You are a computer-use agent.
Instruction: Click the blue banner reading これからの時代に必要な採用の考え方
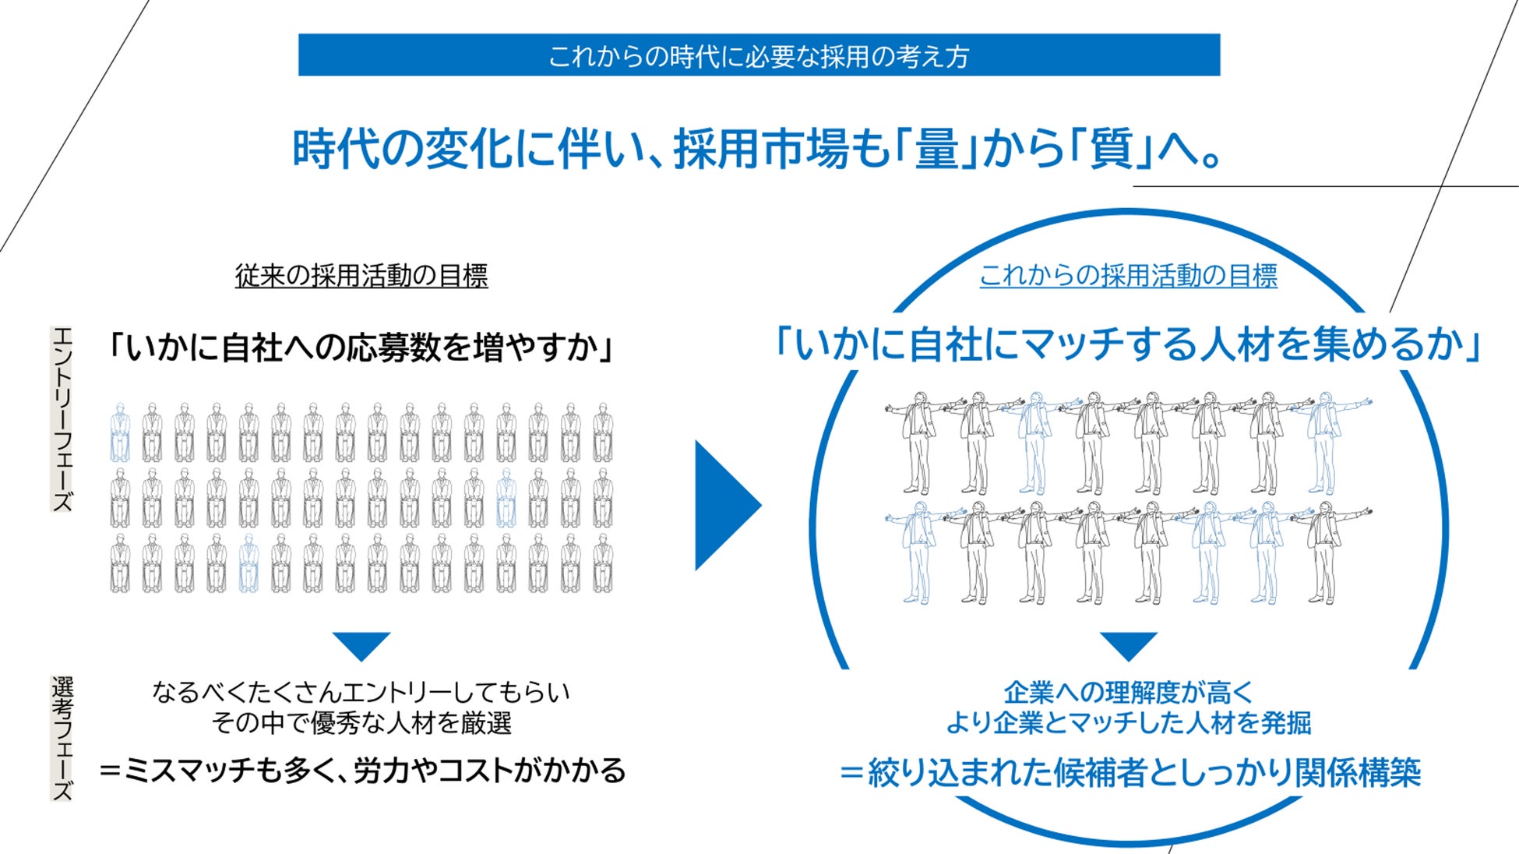click(x=759, y=55)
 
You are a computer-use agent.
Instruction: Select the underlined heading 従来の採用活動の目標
click(x=361, y=276)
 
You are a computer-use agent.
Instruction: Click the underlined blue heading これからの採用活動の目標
click(x=1128, y=276)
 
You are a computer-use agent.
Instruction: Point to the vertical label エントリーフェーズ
click(x=62, y=419)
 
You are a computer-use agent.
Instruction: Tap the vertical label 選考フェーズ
click(x=62, y=737)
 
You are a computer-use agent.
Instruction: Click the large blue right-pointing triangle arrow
click(x=724, y=505)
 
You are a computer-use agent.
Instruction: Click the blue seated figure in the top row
click(x=120, y=433)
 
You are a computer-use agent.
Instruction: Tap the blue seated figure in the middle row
click(x=506, y=498)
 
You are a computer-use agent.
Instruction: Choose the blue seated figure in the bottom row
click(x=248, y=563)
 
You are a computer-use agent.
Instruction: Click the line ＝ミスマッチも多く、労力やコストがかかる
click(x=362, y=771)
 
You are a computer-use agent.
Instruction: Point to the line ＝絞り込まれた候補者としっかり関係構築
click(x=1130, y=772)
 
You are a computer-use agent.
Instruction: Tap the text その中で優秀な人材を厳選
click(x=361, y=723)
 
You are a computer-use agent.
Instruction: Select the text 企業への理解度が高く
click(x=1129, y=692)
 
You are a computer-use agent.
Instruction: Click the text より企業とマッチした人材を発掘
click(x=1129, y=723)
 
